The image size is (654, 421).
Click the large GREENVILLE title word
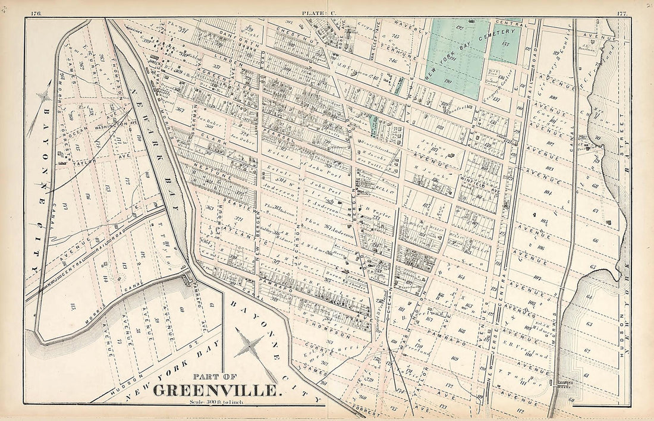(215, 391)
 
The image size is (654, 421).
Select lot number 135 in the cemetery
(507, 44)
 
